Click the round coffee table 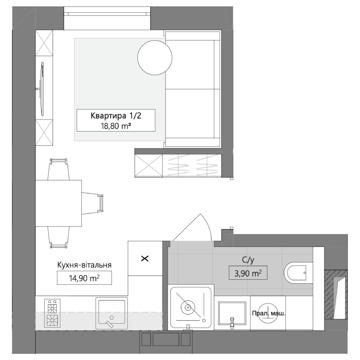click(x=155, y=57)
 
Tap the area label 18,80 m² click(x=116, y=126)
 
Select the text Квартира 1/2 click(x=116, y=116)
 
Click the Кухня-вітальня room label click(x=84, y=265)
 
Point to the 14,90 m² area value click(x=84, y=278)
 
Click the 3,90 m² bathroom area click(x=248, y=273)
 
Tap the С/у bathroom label click(x=248, y=260)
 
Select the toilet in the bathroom click(x=298, y=273)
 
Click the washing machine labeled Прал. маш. click(x=268, y=313)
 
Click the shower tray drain click(x=188, y=307)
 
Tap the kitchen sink click(x=112, y=313)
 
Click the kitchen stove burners click(x=52, y=313)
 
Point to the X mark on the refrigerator click(x=145, y=259)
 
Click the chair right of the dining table click(x=93, y=203)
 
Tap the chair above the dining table click(x=59, y=169)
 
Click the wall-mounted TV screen click(x=41, y=89)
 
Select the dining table click(x=59, y=203)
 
